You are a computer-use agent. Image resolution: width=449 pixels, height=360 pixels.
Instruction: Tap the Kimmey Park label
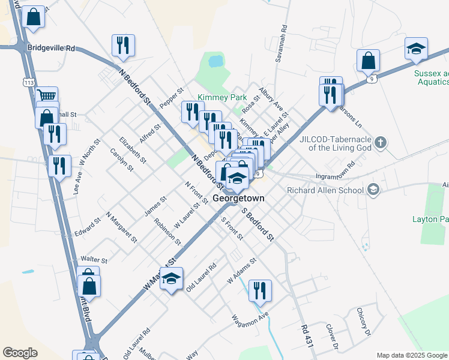(222, 97)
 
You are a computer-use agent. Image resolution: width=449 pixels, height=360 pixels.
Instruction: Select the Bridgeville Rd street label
(51, 47)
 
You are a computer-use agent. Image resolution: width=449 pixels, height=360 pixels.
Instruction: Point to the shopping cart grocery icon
(46, 96)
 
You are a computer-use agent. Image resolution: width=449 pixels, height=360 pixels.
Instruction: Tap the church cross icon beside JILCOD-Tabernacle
(379, 142)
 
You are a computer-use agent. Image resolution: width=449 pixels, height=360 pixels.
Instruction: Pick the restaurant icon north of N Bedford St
(123, 45)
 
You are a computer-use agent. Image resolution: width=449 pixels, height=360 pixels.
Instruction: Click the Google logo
(20, 353)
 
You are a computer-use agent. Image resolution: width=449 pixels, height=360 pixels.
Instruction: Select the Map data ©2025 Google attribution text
(411, 355)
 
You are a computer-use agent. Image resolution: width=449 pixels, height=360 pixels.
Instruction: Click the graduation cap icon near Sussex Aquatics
(415, 49)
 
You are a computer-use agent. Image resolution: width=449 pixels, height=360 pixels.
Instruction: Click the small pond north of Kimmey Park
(214, 61)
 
